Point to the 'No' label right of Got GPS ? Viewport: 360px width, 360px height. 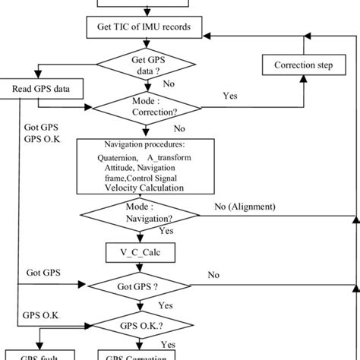click(214, 275)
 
